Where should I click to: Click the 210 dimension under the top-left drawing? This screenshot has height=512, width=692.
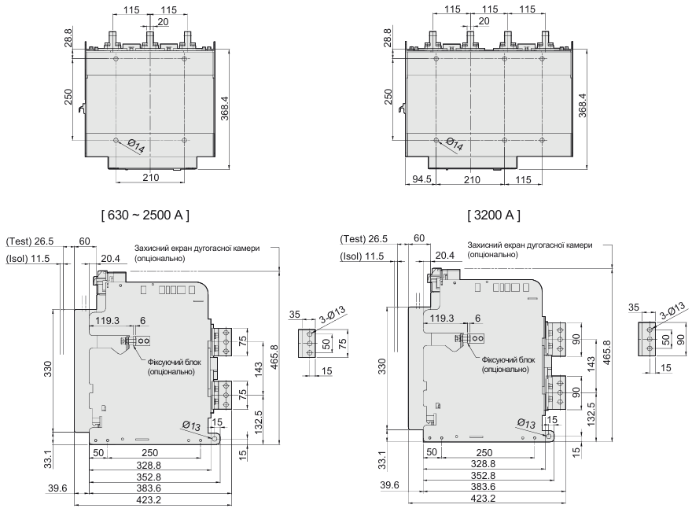click(150, 178)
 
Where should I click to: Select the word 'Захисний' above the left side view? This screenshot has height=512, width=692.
click(153, 247)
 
